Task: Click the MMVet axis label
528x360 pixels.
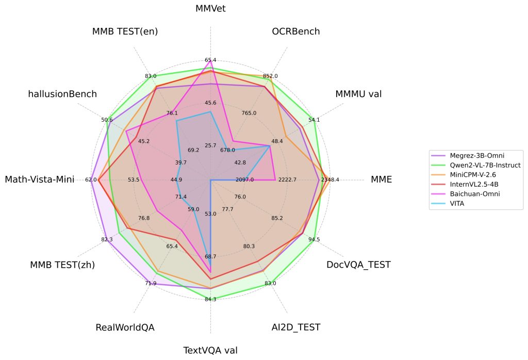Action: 210,8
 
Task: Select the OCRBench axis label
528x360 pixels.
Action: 295,31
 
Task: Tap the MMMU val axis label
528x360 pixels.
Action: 358,94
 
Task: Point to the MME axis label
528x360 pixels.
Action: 381,179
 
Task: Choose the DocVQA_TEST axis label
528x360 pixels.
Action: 358,265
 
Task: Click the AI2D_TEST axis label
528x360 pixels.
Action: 295,328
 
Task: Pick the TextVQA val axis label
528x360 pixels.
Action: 210,350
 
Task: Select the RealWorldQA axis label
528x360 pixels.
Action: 125,328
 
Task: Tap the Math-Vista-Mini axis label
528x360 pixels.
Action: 39,179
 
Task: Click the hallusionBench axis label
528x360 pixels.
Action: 62,94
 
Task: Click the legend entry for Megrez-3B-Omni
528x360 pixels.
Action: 477,156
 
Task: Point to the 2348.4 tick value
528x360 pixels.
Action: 330,179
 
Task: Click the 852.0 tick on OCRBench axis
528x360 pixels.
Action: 270,76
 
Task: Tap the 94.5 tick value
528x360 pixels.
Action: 314,239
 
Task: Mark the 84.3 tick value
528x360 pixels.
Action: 210,299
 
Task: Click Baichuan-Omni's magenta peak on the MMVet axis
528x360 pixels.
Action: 210,60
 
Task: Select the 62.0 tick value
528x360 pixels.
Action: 91,179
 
